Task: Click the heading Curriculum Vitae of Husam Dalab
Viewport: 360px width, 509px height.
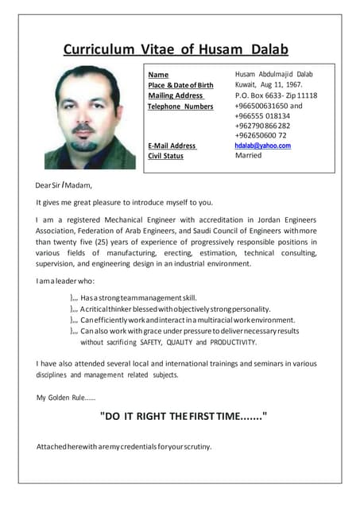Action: tap(176, 49)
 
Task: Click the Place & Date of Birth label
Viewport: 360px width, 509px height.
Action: tap(180, 85)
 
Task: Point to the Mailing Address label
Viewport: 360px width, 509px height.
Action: tap(176, 95)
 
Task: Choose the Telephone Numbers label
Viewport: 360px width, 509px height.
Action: tap(180, 106)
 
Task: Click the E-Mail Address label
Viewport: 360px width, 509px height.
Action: tap(172, 146)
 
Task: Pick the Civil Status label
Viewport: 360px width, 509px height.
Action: tap(165, 156)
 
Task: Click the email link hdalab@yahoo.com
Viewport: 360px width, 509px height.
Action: tap(262, 146)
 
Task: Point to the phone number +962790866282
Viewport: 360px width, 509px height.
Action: tap(262, 126)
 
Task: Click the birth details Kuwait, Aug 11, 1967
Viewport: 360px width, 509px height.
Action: tap(269, 84)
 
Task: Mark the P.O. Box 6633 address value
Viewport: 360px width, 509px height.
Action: tap(276, 95)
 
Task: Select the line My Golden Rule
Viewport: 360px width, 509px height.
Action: tap(66, 397)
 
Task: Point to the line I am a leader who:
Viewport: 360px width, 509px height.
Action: tap(65, 281)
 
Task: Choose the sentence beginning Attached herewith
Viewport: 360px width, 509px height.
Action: tap(124, 446)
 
